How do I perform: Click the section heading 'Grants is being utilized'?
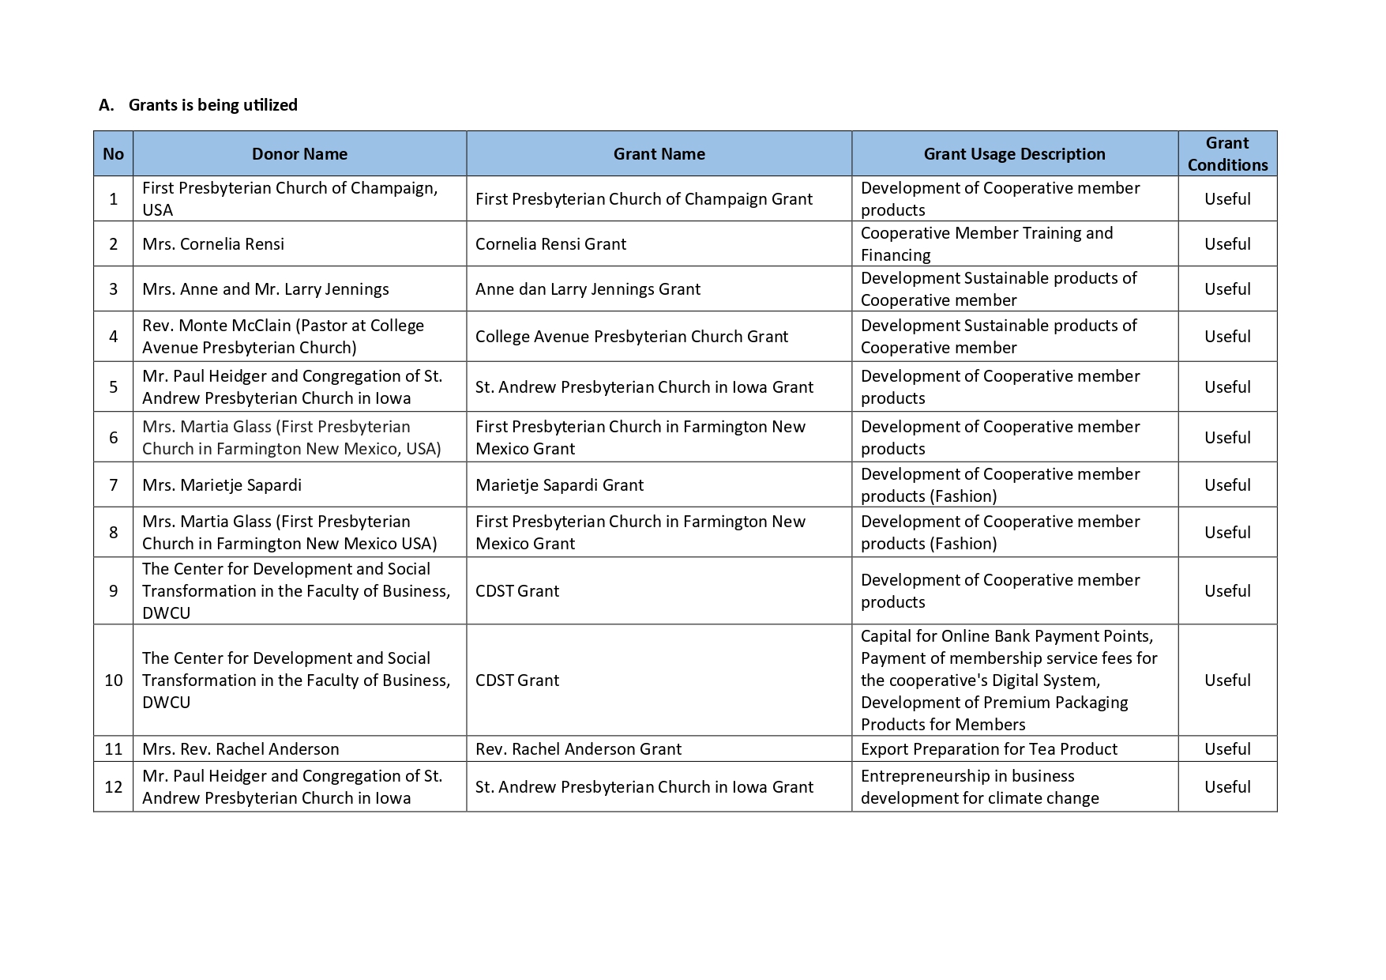212,105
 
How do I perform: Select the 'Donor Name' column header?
299,154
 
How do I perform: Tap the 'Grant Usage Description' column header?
1014,154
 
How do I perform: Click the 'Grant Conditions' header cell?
1226,154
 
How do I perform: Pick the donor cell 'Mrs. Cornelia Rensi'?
213,244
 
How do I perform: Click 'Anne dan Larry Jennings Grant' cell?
588,289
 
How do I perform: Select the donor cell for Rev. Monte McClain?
283,337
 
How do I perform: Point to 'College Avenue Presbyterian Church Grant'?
631,337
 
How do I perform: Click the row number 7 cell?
113,485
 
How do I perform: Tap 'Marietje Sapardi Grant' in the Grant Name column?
559,485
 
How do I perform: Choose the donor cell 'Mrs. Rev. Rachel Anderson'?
240,749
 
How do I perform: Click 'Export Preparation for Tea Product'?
989,749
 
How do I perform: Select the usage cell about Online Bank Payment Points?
1009,680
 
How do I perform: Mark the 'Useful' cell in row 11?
1226,749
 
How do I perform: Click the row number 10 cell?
113,680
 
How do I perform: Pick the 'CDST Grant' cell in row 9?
516,591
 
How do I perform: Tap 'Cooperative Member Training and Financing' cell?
986,244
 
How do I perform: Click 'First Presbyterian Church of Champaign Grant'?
644,199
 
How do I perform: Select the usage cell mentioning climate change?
979,787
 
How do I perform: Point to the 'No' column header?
113,154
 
